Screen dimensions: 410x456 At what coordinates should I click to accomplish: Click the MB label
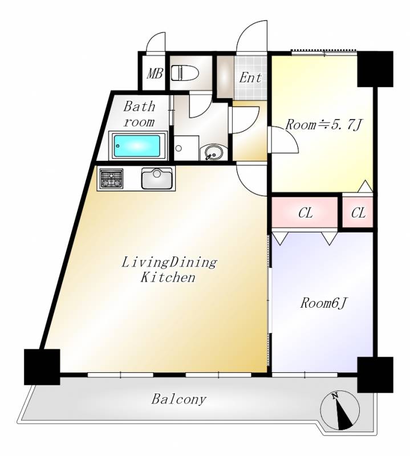click(155, 74)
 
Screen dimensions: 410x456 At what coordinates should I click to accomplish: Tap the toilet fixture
click(185, 73)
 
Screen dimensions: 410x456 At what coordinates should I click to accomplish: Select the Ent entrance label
click(250, 78)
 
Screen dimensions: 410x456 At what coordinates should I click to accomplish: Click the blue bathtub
click(137, 146)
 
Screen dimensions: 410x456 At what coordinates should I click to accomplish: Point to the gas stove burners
click(111, 178)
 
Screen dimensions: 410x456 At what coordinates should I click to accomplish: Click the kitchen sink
click(157, 178)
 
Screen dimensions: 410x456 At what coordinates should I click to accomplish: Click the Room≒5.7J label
click(323, 125)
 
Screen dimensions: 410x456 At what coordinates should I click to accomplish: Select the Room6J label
click(323, 303)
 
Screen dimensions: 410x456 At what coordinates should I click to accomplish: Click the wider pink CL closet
click(305, 212)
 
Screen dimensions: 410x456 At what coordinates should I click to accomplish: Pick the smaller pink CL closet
click(358, 212)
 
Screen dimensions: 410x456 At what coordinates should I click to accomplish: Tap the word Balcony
click(178, 400)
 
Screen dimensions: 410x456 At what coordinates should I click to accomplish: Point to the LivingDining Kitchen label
click(169, 270)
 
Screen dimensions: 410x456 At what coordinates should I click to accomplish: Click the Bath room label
click(139, 114)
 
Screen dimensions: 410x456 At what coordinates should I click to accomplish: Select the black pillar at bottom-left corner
click(42, 367)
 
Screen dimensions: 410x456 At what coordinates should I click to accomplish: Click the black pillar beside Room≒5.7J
click(375, 69)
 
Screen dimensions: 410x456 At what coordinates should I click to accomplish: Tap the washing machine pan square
click(186, 148)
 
